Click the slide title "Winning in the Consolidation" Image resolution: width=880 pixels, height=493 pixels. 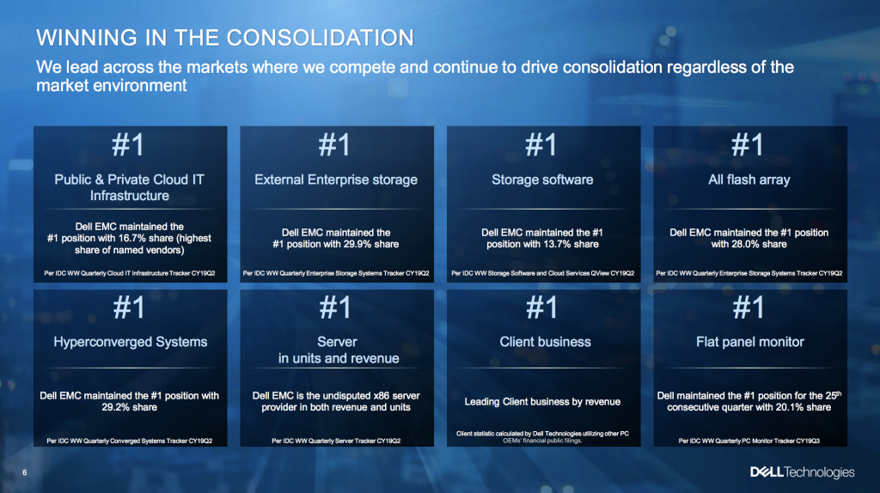click(225, 38)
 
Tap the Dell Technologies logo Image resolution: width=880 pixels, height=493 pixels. click(803, 472)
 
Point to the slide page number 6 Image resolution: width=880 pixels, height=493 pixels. click(25, 472)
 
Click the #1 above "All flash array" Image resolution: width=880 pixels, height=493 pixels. click(749, 144)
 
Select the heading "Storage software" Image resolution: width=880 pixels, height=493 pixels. click(542, 180)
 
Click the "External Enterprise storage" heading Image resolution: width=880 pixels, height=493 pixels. click(336, 180)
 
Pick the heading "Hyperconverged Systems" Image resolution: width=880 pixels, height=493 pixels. click(131, 342)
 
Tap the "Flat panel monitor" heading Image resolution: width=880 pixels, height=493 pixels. click(749, 342)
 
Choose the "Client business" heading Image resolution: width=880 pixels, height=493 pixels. click(545, 342)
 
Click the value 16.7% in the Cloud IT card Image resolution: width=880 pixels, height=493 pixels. click(131, 239)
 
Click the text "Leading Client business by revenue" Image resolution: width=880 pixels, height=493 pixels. click(542, 402)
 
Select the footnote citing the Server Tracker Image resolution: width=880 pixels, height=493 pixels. click(336, 441)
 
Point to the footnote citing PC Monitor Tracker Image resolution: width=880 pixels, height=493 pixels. click(749, 441)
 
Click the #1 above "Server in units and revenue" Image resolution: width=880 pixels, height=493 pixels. click(335, 307)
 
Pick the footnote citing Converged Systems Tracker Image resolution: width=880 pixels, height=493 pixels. click(129, 441)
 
